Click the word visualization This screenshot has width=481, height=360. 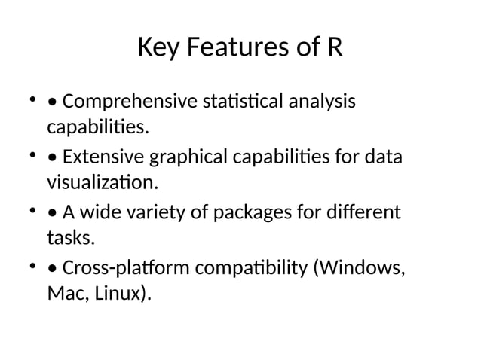(x=103, y=182)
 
